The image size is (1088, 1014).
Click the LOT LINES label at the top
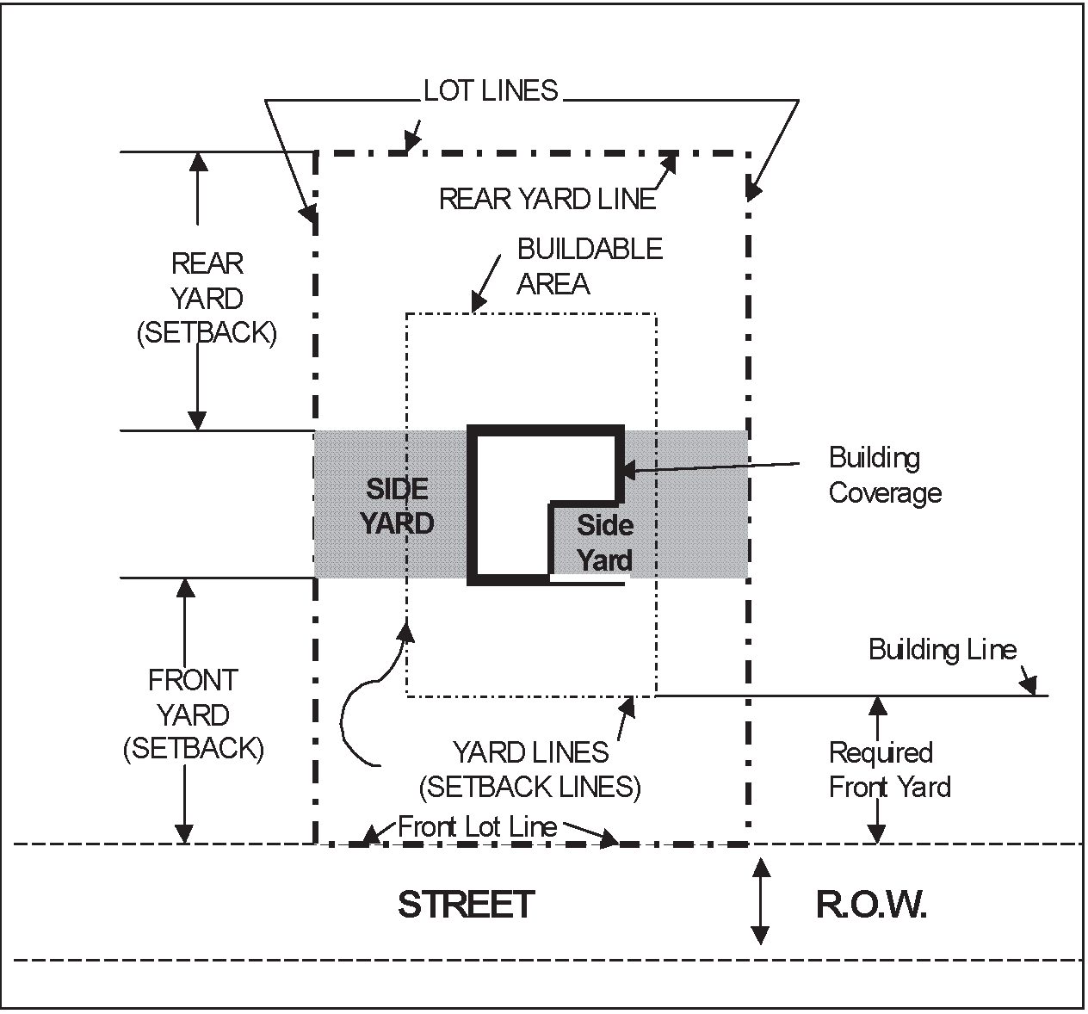491,90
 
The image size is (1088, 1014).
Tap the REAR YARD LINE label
547,199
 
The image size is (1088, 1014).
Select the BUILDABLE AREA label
590,266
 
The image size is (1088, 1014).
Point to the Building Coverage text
885,475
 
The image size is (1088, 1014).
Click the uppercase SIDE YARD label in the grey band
397,506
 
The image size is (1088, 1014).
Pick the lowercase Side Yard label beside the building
604,542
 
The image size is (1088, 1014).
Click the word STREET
466,905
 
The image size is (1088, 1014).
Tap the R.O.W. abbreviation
871,906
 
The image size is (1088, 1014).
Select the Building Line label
943,649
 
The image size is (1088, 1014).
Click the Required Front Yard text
889,770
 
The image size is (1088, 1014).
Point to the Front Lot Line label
477,827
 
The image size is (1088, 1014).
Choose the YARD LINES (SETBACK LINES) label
530,770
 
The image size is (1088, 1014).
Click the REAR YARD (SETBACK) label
207,298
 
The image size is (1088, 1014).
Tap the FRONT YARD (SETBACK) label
193,714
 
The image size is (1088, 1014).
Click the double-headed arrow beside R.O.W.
760,901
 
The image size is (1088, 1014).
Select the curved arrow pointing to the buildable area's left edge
362,697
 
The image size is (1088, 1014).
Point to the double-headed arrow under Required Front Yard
877,769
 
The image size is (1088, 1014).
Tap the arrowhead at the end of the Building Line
1029,686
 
